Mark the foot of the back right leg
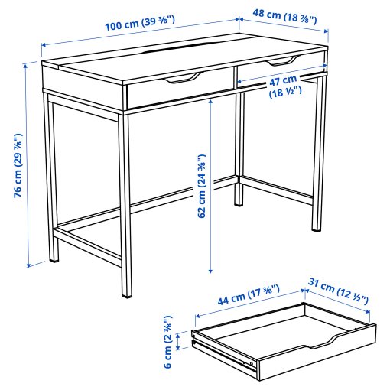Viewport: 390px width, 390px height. (241, 204)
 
